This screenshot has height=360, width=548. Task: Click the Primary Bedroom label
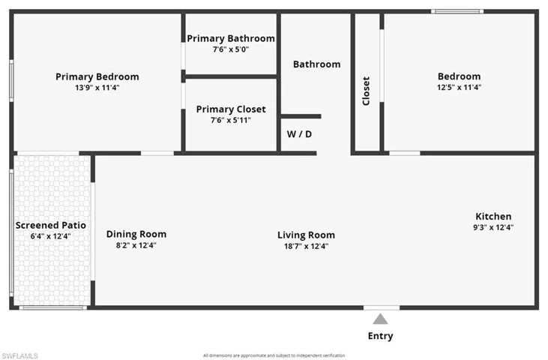(x=97, y=76)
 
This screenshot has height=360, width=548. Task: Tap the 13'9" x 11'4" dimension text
(x=97, y=88)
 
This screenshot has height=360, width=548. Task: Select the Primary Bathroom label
(x=231, y=38)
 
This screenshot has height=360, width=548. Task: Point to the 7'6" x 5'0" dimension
(x=231, y=49)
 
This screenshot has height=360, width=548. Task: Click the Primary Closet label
(x=231, y=109)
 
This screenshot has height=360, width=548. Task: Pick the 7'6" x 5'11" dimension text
(x=231, y=120)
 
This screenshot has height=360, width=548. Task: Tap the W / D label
(x=299, y=134)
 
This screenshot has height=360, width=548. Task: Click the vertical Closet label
(x=366, y=91)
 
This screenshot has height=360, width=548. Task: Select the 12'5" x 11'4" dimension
(x=459, y=87)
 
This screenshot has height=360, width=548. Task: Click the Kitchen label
(x=493, y=216)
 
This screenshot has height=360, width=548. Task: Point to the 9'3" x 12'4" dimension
(x=493, y=227)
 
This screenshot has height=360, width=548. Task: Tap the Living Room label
(x=306, y=235)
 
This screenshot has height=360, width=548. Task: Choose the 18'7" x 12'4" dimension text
(x=306, y=246)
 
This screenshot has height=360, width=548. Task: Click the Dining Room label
(x=136, y=234)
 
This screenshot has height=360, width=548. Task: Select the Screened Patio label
(x=51, y=226)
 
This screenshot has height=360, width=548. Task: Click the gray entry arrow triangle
(x=380, y=319)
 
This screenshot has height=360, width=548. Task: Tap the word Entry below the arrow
(x=380, y=336)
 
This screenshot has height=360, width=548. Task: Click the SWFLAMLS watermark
(x=19, y=355)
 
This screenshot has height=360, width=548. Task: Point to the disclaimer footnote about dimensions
(x=274, y=355)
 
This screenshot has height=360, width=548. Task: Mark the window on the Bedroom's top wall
(x=457, y=11)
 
